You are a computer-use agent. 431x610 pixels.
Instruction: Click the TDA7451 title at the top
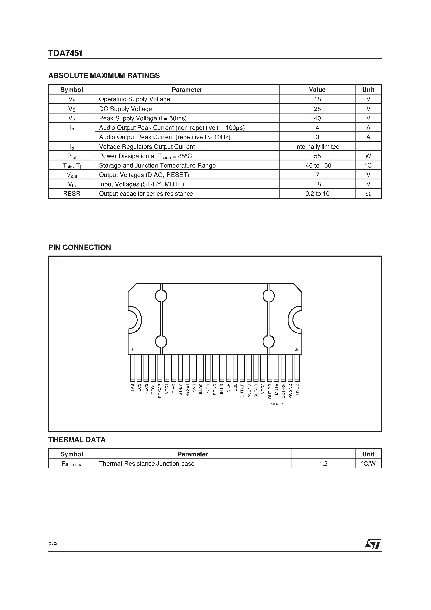65,53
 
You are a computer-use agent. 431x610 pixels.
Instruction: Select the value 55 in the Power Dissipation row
317,156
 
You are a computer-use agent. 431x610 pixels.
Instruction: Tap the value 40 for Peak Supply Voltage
317,118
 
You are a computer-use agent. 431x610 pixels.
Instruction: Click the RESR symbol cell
72,194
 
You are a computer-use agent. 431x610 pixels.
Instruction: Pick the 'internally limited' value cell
317,147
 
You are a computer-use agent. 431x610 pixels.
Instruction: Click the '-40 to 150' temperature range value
317,165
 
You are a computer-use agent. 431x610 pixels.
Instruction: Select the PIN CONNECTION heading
79,247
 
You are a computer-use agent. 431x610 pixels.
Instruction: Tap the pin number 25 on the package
297,350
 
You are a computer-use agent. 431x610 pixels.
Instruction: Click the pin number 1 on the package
132,350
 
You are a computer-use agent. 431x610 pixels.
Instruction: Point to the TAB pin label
132,388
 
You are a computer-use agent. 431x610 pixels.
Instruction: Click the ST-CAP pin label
160,391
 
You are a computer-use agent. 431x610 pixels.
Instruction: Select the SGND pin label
215,389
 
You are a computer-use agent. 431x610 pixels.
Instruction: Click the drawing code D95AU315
277,404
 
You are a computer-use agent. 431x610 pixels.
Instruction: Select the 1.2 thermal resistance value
323,464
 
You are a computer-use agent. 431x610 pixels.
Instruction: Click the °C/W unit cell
368,464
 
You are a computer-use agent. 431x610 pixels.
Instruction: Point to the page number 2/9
53,544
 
